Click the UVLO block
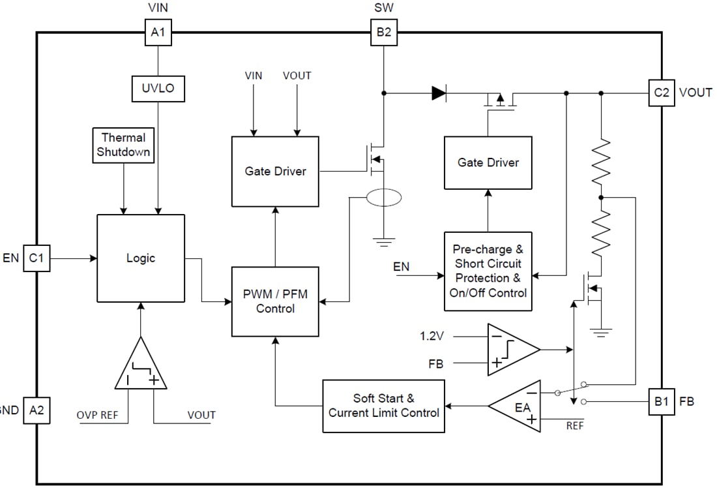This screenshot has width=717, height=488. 158,88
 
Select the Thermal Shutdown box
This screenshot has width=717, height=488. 123,145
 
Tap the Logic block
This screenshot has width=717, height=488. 141,258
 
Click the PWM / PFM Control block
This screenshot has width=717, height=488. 275,301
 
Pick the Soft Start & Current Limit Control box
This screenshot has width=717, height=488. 383,406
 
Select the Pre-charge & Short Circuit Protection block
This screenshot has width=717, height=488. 488,271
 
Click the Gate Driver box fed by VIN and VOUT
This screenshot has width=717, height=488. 275,171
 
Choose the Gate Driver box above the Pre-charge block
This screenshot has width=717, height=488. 488,162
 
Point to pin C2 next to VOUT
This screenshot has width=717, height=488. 661,93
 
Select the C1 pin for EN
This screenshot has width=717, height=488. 37,258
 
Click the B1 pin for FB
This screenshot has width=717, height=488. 661,401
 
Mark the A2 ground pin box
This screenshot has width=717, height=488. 37,410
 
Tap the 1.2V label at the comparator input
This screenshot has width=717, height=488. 432,337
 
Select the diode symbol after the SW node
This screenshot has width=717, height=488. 439,93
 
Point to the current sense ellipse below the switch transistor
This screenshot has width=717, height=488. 384,198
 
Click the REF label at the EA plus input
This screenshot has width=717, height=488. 575,425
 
